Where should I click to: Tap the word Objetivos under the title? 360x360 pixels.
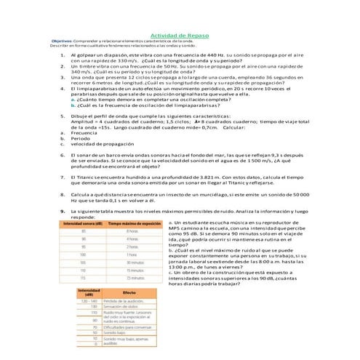tap(64, 41)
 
